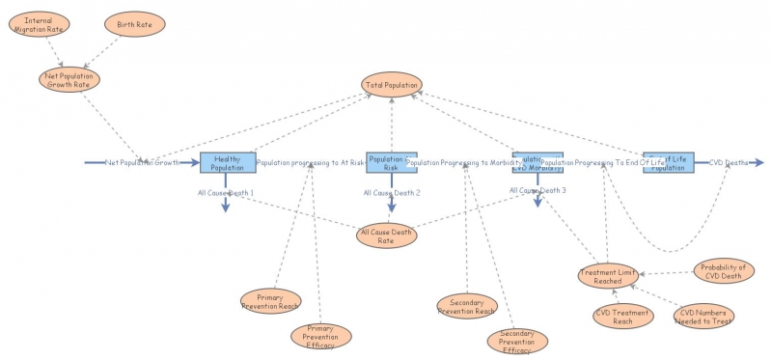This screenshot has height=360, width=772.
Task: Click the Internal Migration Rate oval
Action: pyautogui.click(x=44, y=24)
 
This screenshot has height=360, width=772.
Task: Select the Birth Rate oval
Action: pyautogui.click(x=135, y=23)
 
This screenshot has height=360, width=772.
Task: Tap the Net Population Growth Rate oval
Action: pyautogui.click(x=70, y=77)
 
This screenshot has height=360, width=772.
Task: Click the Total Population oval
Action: pyautogui.click(x=392, y=85)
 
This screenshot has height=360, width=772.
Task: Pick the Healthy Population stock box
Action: pyautogui.click(x=228, y=162)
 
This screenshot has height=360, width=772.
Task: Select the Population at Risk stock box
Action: pyautogui.click(x=391, y=162)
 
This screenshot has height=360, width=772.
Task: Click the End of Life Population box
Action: pyautogui.click(x=668, y=162)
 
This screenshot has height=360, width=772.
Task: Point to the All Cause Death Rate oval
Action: pyautogui.click(x=387, y=235)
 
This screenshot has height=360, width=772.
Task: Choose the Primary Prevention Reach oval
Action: pyautogui.click(x=271, y=300)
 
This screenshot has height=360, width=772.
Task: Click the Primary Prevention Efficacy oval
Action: pyautogui.click(x=320, y=334)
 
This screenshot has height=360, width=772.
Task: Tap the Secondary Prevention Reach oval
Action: pyautogui.click(x=467, y=306)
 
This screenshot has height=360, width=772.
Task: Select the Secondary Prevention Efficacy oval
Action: pyautogui.click(x=517, y=340)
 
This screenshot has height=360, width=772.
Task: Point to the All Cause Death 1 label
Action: pyautogui.click(x=225, y=194)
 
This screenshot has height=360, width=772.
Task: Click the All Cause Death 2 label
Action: pyautogui.click(x=392, y=193)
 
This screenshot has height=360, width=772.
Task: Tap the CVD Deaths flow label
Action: pyautogui.click(x=728, y=163)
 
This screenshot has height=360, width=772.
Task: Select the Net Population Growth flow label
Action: pyautogui.click(x=142, y=163)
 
